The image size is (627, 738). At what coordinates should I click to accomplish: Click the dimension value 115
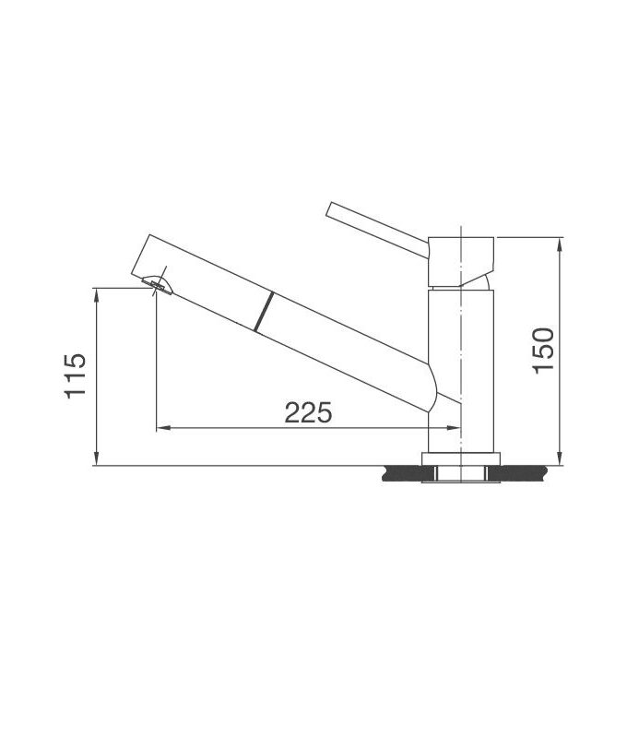tap(76, 375)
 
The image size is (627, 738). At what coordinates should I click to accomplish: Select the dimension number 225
tap(307, 412)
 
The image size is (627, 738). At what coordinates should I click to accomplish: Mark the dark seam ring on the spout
tap(263, 310)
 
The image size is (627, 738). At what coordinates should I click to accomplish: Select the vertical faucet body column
tap(462, 369)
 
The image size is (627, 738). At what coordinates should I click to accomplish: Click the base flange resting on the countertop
tap(461, 458)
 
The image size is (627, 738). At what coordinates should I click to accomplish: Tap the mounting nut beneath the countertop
tap(461, 474)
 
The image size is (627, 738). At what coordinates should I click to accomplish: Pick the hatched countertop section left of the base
tap(403, 474)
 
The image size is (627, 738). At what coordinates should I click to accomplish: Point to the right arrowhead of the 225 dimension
tap(455, 428)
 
